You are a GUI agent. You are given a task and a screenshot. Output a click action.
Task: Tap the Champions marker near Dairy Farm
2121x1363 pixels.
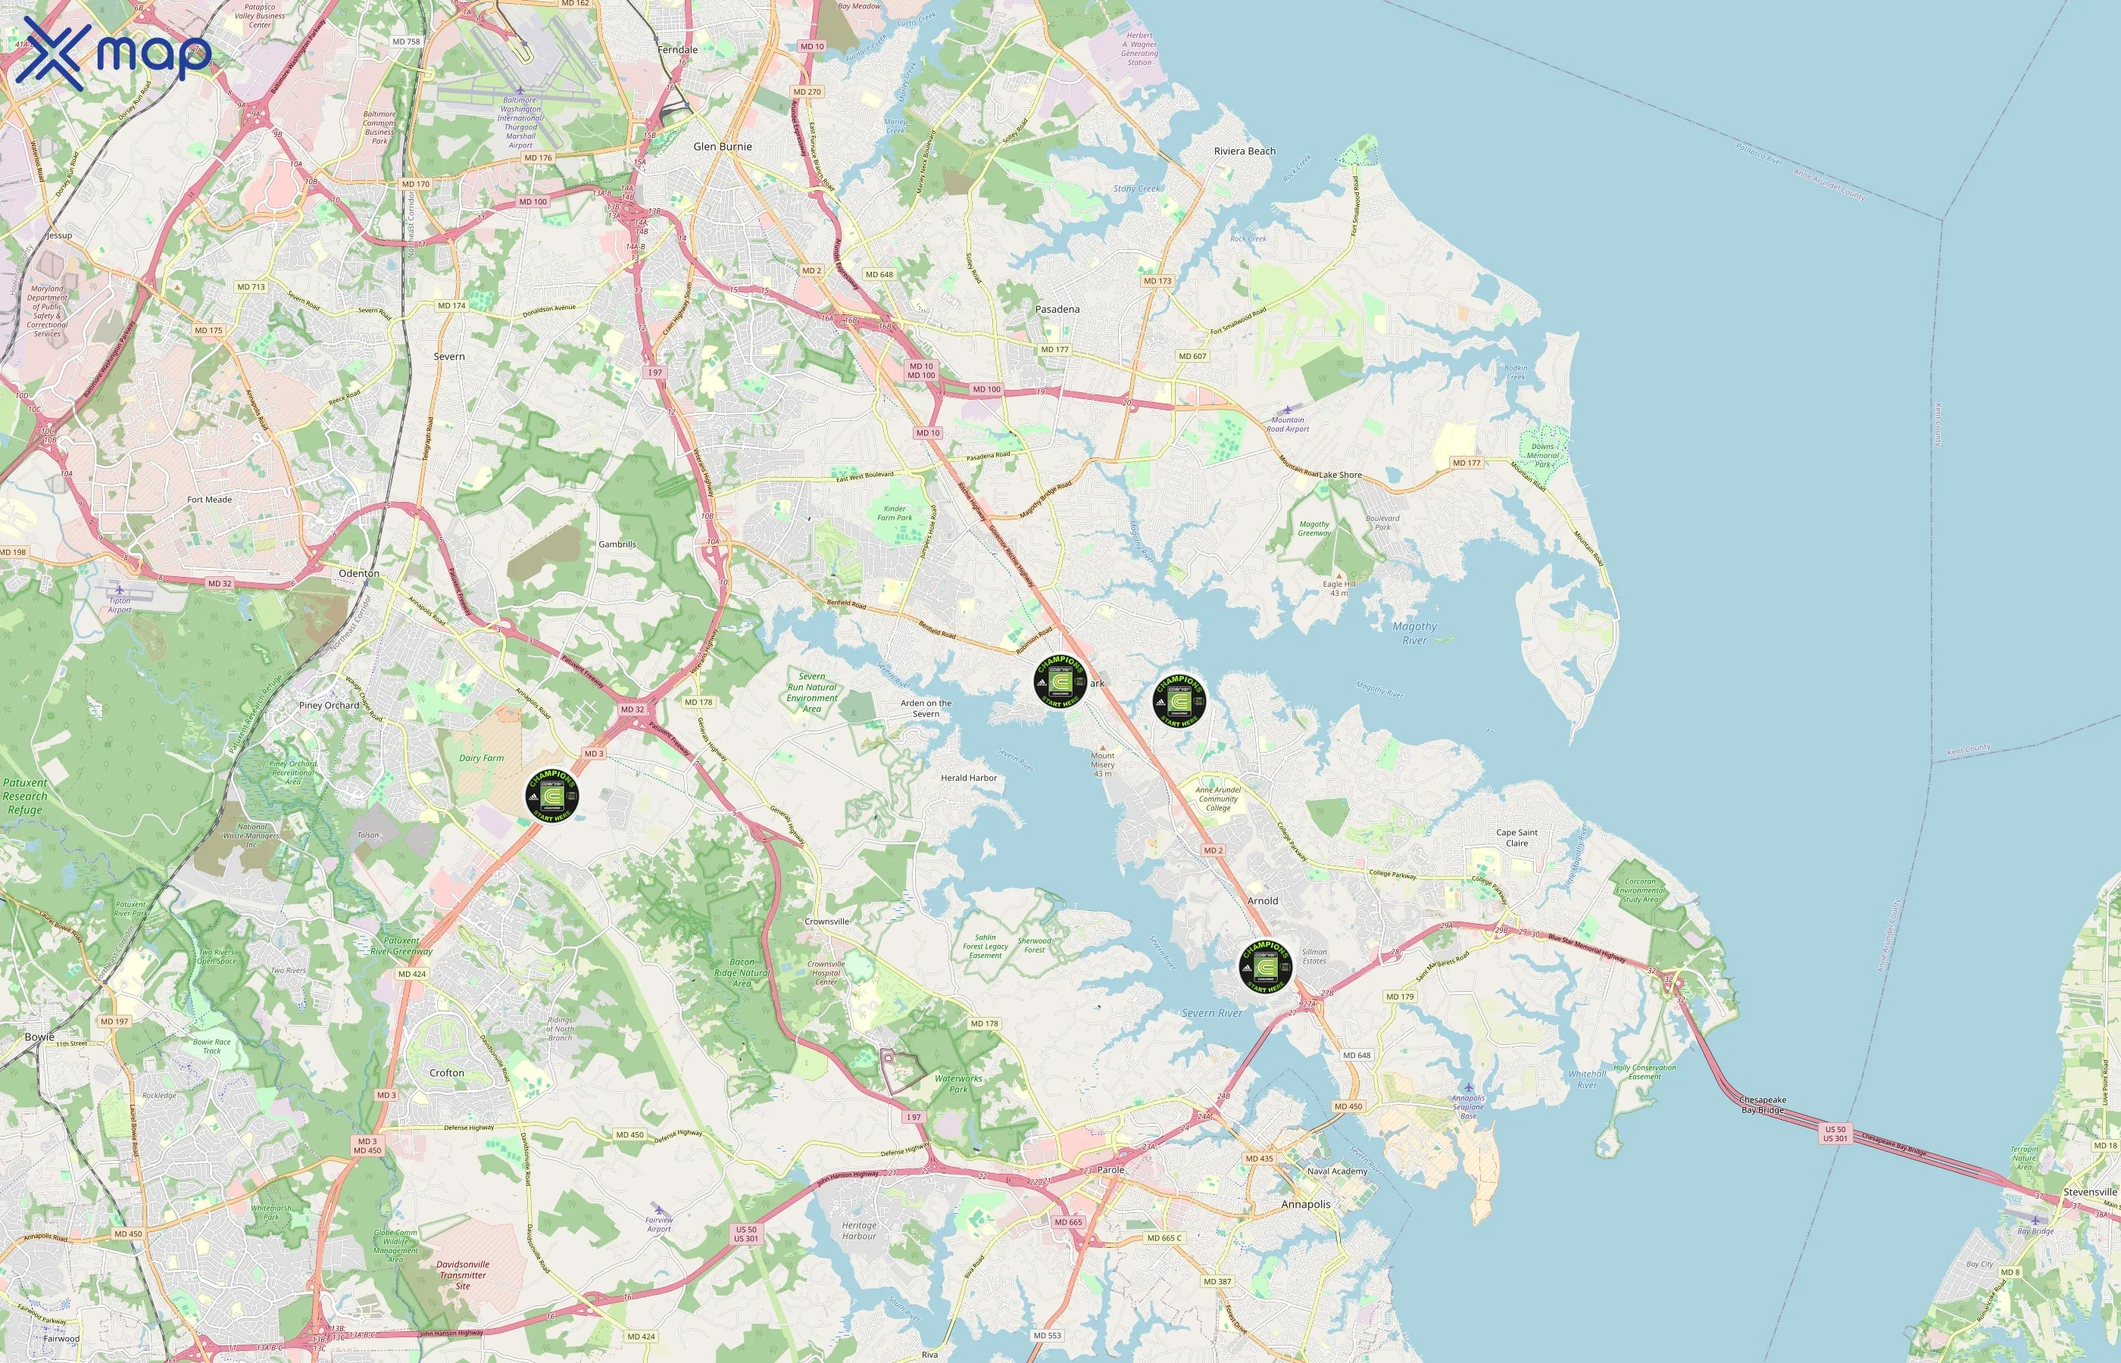pos(552,794)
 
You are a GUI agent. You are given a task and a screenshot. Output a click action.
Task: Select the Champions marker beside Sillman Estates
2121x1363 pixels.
pos(1266,965)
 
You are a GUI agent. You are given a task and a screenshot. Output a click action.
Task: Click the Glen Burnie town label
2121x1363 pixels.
pos(723,147)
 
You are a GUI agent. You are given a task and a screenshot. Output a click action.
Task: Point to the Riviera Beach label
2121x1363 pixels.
pos(1245,151)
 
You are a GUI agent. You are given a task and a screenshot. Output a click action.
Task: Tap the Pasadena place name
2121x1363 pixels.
pos(1057,310)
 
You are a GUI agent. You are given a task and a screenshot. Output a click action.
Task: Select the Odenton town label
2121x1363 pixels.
pos(358,573)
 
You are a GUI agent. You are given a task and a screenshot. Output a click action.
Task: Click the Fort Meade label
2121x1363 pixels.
pos(209,500)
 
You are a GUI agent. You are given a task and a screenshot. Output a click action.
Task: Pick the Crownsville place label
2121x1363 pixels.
pos(826,922)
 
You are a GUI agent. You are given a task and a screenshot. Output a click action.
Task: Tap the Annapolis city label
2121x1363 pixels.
pos(1306,1205)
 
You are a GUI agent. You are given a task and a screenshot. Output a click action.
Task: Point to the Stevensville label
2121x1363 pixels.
pos(2090,1192)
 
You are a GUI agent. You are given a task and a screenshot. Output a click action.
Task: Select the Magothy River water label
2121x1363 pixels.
pos(1414,633)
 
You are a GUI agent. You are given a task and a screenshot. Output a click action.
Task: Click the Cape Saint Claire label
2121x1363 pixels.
pos(1517,837)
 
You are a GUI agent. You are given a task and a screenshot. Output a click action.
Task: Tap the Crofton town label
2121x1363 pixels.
pos(446,1073)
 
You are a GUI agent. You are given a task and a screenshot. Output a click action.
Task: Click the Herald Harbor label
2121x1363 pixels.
pos(968,778)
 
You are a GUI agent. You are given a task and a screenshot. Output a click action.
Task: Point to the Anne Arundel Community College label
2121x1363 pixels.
pos(1218,798)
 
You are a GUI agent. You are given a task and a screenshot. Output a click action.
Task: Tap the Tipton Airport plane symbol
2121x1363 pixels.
pos(119,589)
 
